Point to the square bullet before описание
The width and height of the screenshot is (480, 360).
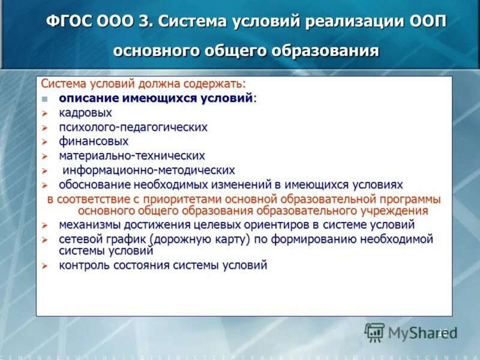44,99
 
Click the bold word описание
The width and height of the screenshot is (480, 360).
88,98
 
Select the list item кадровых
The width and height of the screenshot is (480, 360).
85,113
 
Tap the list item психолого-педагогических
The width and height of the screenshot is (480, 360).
133,127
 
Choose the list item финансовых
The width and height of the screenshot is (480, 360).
94,142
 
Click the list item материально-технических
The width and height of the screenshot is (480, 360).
132,156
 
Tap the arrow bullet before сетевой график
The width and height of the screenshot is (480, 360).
44,240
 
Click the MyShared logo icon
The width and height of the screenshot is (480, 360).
374,332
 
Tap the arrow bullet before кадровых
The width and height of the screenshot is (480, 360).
44,113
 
